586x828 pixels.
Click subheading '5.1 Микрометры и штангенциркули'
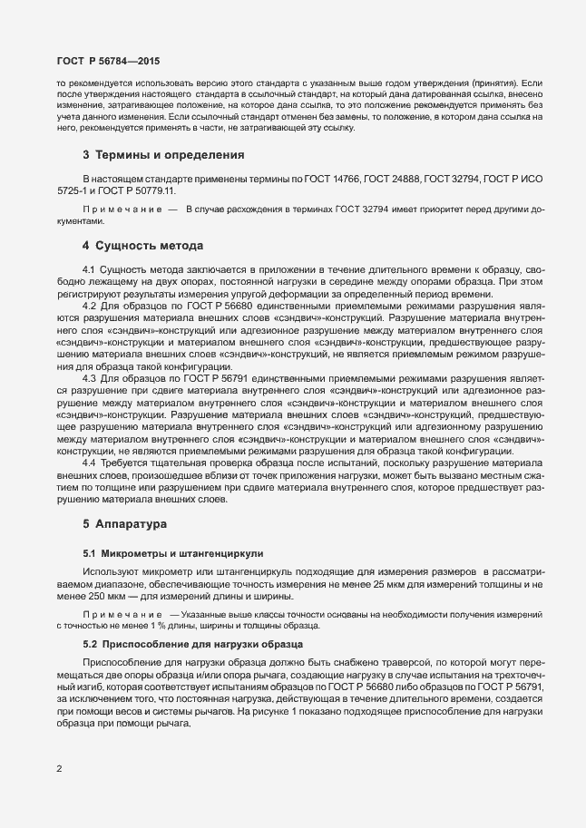click(163, 552)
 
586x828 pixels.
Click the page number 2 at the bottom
click(59, 770)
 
